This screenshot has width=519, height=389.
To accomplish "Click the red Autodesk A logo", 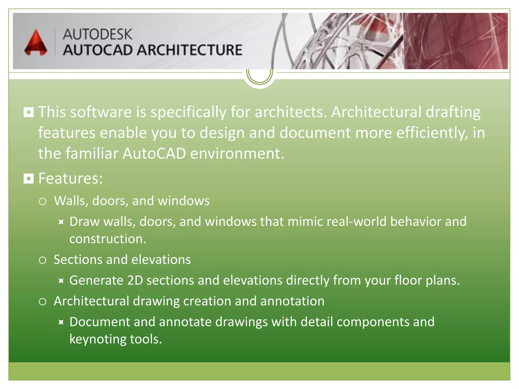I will [36, 43].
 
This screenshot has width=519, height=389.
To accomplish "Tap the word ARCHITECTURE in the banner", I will [190, 50].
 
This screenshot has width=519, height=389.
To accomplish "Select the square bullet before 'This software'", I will [29, 112].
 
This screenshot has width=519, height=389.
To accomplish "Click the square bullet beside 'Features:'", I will [29, 179].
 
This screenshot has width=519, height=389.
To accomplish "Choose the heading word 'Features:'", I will [70, 179].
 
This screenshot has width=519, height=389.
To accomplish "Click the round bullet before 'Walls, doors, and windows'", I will [43, 201].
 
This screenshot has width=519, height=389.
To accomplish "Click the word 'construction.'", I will [108, 239].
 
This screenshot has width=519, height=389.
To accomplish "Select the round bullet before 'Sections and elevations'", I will [43, 260].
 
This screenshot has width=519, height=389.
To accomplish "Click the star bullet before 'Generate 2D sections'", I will [61, 281].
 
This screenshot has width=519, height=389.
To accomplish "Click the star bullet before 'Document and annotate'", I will [61, 322].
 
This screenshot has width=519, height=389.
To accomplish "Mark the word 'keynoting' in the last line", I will [98, 339].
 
